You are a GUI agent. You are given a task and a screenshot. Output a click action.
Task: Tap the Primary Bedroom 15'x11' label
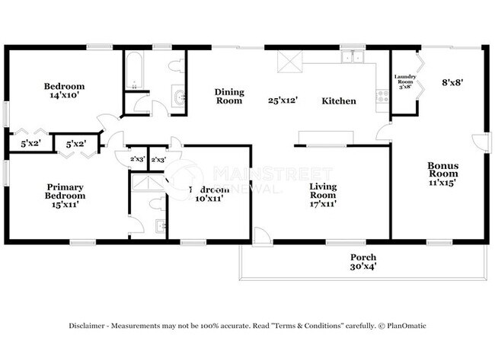(x=65, y=195)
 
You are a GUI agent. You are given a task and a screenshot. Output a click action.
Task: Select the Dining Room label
(x=228, y=96)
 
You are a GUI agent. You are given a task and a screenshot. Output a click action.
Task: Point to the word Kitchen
(x=338, y=100)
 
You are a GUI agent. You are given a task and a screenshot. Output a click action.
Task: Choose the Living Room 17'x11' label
(x=323, y=194)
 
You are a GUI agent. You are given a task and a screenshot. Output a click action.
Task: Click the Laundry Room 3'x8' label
(x=404, y=81)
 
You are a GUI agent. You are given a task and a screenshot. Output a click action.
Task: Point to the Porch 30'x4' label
(x=362, y=262)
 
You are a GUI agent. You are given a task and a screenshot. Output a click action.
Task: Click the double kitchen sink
(x=352, y=56)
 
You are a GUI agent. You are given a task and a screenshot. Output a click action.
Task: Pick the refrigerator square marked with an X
(x=289, y=60)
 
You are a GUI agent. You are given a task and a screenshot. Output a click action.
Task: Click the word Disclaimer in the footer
(x=89, y=325)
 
